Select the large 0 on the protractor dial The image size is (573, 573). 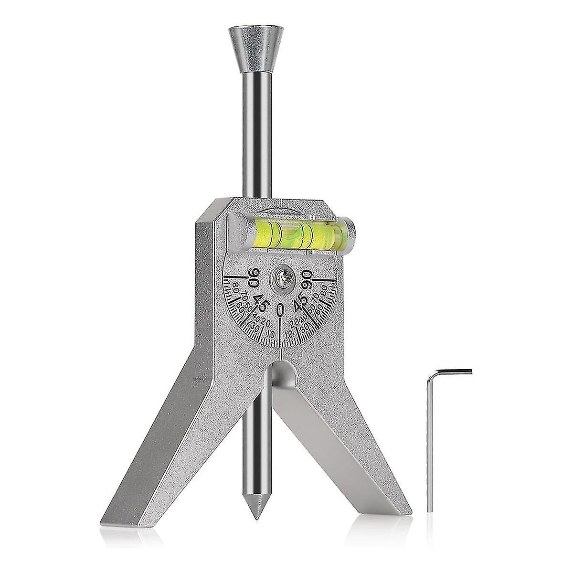[x=281, y=310]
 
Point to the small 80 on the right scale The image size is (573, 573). [x=326, y=290]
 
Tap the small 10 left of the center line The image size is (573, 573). [x=271, y=335]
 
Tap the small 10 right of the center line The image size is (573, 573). [x=290, y=335]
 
